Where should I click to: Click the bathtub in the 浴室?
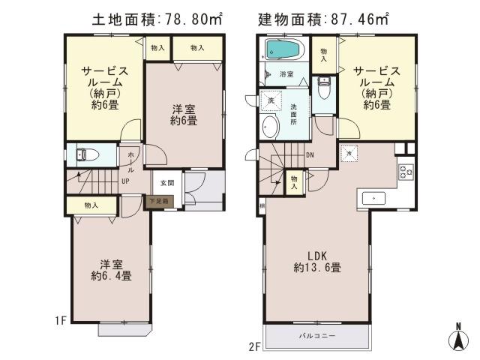(282, 51)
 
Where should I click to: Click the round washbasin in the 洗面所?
(269, 127)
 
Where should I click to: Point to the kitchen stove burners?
(406, 172)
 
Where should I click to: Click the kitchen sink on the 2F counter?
(373, 198)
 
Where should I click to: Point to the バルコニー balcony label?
(318, 334)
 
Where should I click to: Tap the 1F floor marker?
(61, 320)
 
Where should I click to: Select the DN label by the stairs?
(310, 155)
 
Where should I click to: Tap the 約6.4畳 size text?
(112, 276)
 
